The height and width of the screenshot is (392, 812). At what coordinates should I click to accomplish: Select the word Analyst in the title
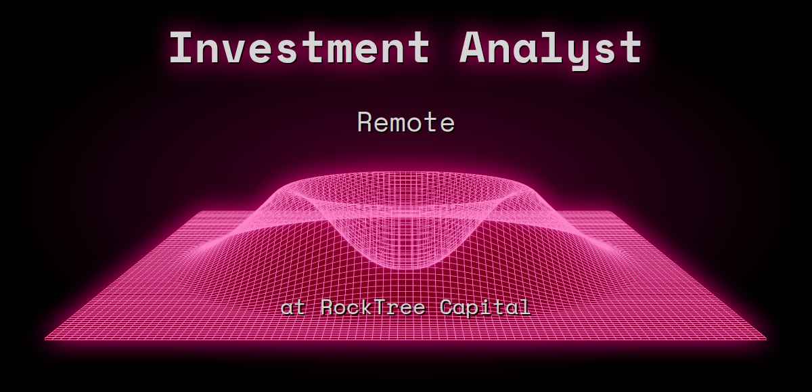pos(551,48)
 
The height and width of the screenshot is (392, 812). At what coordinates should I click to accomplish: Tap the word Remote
pos(406,123)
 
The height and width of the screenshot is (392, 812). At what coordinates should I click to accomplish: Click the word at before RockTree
pos(294,308)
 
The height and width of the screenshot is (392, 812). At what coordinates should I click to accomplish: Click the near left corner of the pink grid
pos(46,339)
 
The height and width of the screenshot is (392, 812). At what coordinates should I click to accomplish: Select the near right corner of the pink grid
pos(766,339)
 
